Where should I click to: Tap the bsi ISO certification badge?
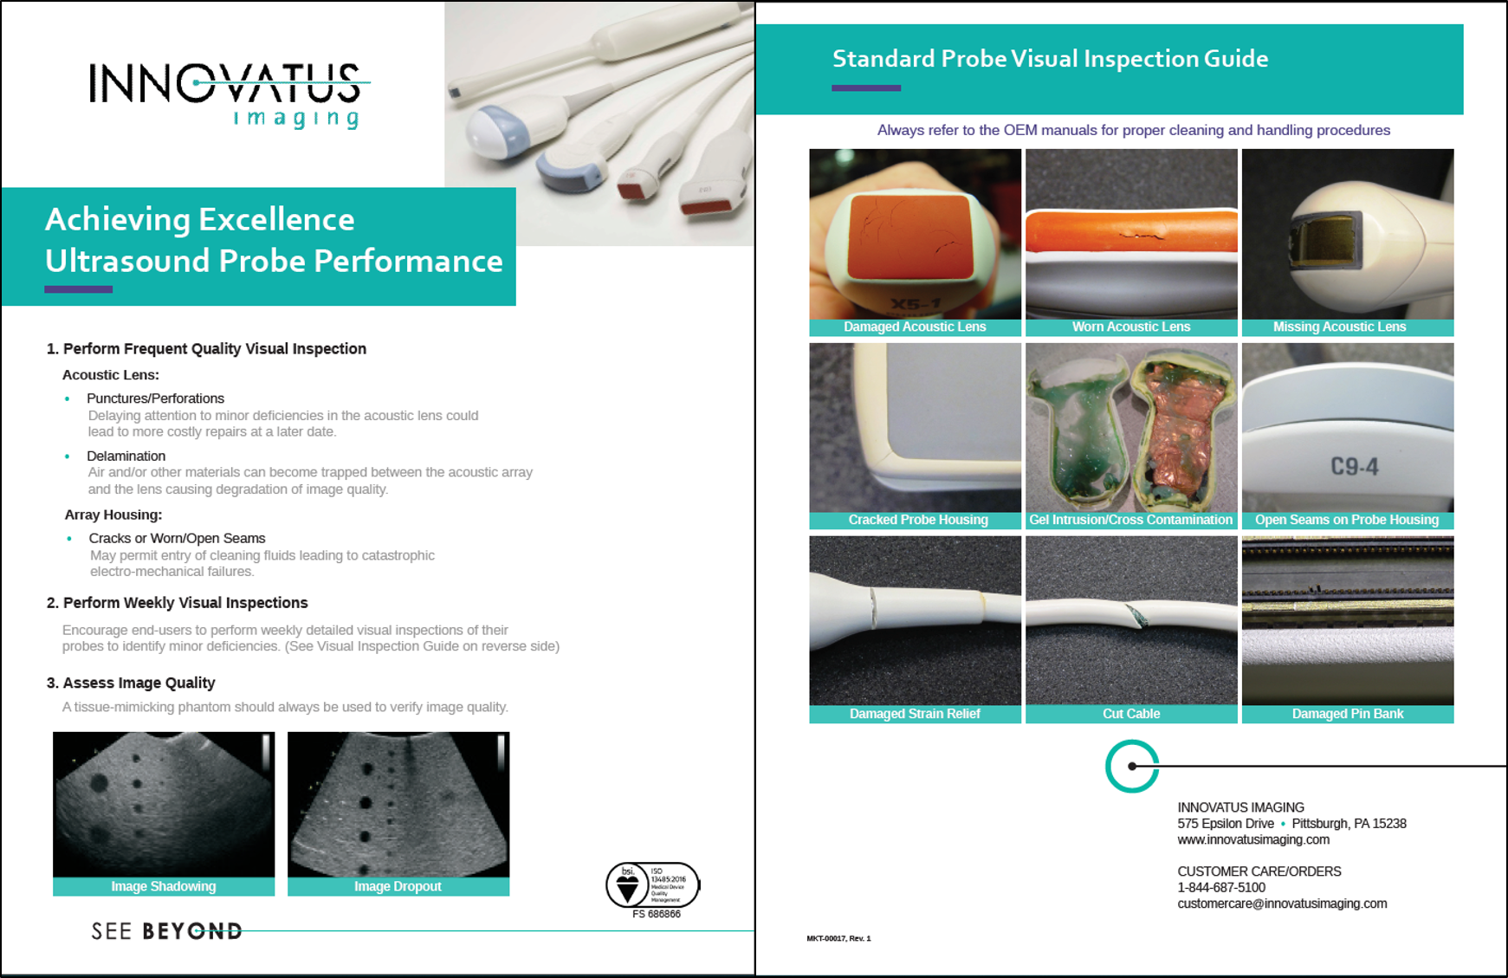point(652,885)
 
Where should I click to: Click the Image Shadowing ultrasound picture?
point(164,804)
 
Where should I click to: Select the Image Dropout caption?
point(398,886)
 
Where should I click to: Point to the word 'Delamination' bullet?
point(126,456)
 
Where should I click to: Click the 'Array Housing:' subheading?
point(113,515)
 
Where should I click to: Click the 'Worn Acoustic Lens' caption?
point(1130,327)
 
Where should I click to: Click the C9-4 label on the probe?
point(1354,467)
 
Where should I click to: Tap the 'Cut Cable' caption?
point(1130,714)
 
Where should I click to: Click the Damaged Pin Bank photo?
point(1347,620)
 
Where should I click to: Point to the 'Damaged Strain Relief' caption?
point(915,714)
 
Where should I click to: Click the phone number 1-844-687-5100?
point(1220,887)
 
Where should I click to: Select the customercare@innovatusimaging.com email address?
point(1281,904)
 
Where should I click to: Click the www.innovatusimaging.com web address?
point(1252,839)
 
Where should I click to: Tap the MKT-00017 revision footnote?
point(838,938)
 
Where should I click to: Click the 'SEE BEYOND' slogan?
point(166,931)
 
